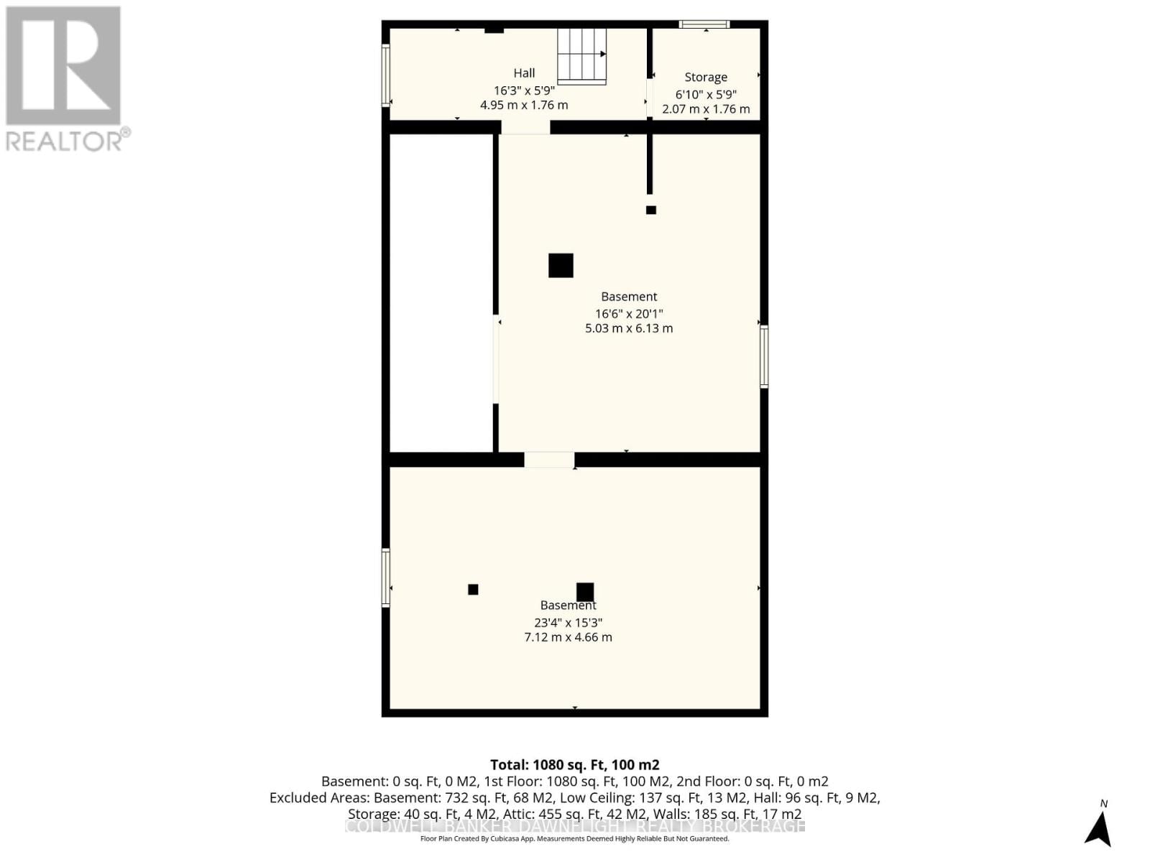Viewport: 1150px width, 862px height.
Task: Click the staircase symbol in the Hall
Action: coord(581,56)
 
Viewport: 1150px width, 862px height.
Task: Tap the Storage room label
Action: coord(705,77)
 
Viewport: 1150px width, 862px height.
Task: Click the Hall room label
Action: coord(524,73)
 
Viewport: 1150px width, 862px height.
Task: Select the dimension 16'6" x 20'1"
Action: coord(628,313)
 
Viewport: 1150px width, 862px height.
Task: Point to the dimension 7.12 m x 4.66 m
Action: coord(568,637)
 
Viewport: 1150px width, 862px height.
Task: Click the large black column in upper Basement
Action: coord(561,265)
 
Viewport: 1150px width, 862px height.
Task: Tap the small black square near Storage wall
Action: coord(650,210)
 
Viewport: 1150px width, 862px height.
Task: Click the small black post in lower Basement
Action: coord(473,589)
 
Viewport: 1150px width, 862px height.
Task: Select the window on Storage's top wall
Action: coord(704,24)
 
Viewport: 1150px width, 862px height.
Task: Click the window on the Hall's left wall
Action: coord(386,75)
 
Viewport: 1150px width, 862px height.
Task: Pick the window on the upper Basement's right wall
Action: coord(764,356)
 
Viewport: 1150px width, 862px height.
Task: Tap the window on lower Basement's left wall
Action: coord(386,578)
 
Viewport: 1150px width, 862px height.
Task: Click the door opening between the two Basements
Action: coord(549,460)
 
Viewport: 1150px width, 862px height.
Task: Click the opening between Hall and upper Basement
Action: coord(525,127)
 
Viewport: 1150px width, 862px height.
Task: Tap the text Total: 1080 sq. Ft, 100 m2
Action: coord(574,765)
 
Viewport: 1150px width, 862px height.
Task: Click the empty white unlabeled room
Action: coord(441,292)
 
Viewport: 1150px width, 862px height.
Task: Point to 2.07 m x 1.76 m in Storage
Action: coord(705,109)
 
